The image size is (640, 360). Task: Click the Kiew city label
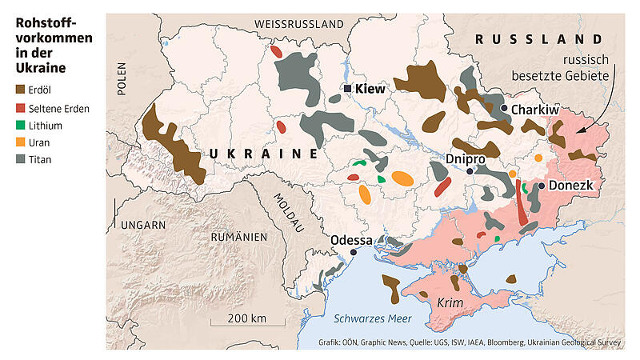(x=370, y=89)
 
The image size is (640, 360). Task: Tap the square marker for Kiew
(x=348, y=89)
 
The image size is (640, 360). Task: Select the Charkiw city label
(x=534, y=110)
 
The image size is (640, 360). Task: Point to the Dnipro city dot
(x=471, y=170)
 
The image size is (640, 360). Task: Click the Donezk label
(x=571, y=186)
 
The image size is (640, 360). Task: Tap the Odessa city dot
(x=353, y=253)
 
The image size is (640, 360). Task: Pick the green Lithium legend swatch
(x=21, y=126)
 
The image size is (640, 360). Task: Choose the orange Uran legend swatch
(x=21, y=142)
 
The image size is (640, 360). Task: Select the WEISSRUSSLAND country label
(x=298, y=25)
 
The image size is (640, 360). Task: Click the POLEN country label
(x=122, y=79)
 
